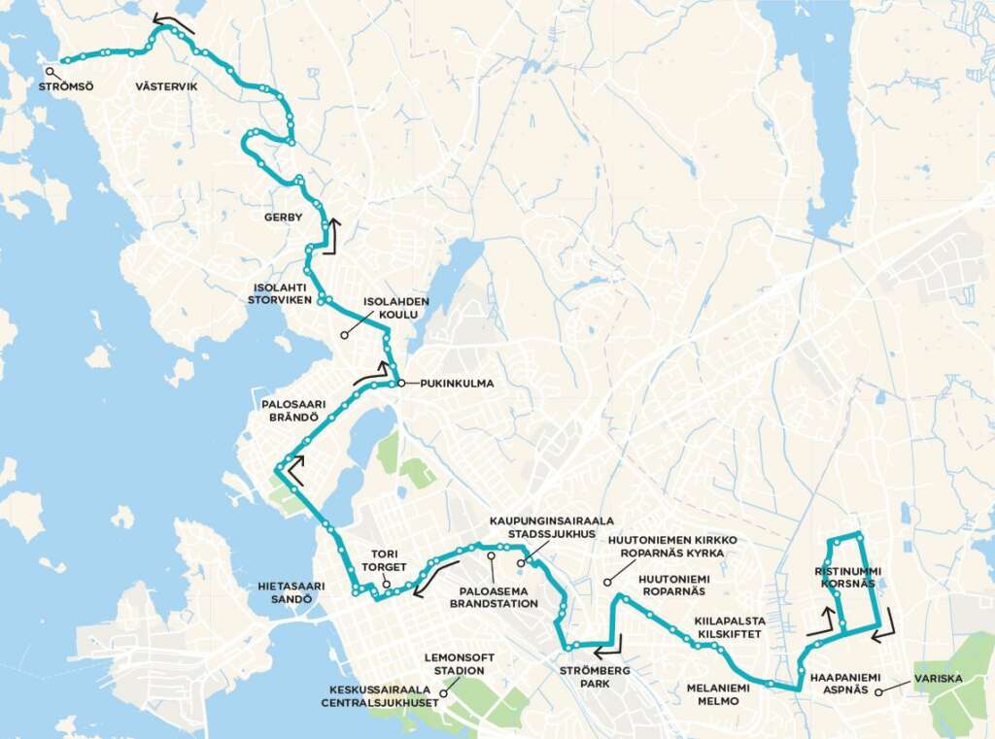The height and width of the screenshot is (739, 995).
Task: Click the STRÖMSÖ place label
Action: pyautogui.click(x=66, y=87)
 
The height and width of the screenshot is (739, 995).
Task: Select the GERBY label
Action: pyautogui.click(x=284, y=218)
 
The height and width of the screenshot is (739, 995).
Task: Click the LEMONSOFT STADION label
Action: pyautogui.click(x=460, y=664)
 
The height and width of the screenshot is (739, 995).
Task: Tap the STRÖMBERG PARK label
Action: pyautogui.click(x=597, y=677)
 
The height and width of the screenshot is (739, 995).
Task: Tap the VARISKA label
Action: pyautogui.click(x=938, y=679)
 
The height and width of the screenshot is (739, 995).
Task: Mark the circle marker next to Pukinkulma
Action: pyautogui.click(x=400, y=384)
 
